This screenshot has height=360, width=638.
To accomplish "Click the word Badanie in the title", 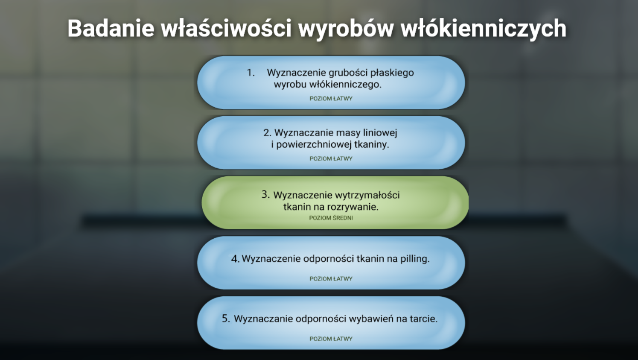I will pos(111,28).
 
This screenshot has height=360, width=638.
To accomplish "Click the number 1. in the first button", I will pos(251,73).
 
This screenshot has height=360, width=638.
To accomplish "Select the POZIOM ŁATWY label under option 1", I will pos(331,98).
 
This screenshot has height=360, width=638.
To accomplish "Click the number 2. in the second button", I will pos(267,133).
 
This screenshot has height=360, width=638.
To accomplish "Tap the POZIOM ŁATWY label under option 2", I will pos(331,158).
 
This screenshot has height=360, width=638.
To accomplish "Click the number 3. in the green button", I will pos(265,195).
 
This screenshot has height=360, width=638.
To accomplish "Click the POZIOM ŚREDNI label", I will pos(331,218).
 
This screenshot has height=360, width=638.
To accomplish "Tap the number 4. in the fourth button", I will pos(235,259).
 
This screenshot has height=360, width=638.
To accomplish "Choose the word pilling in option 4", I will pos(414,259).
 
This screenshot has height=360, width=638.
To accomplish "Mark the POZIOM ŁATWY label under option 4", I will pos(331,278).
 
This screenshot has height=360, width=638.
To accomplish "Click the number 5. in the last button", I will pos(226,319).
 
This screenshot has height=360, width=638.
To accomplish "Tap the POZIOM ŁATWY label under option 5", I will pos(331,339).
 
